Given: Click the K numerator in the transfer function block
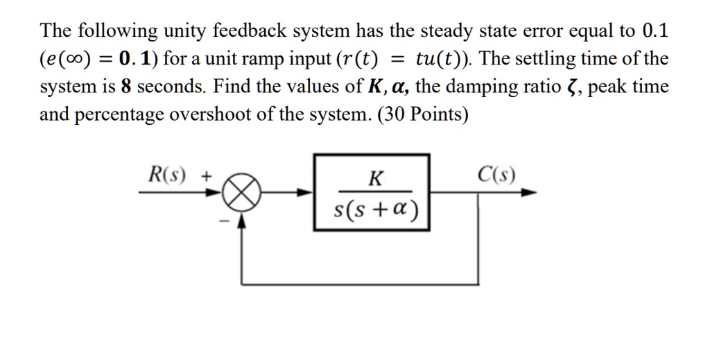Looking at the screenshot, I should coord(374,179).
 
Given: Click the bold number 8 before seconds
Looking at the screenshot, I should coord(126,87).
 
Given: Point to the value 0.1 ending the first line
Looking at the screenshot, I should coord(655,31).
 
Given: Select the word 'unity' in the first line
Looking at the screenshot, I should coord(186,32).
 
